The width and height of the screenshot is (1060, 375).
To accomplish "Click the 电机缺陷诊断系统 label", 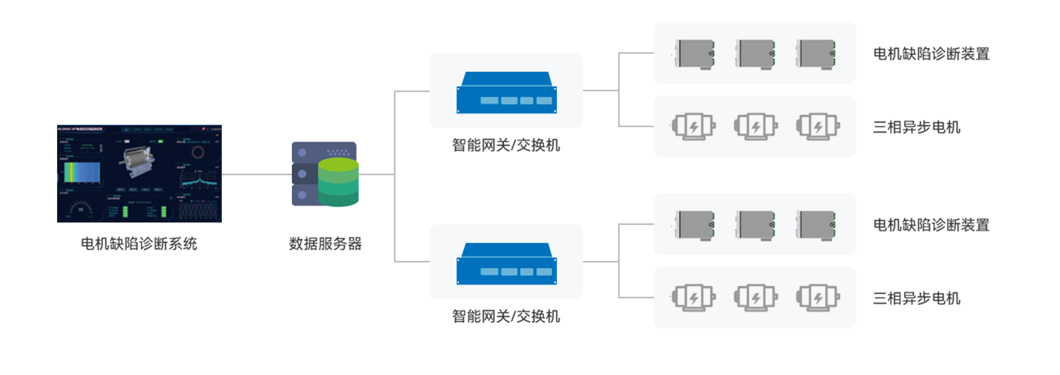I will click(139, 243).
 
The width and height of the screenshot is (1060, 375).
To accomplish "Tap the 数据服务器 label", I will click(325, 243).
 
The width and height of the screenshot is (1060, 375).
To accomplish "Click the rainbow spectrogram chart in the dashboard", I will click(82, 172).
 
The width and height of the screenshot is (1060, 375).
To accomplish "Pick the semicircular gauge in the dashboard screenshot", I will click(81, 207).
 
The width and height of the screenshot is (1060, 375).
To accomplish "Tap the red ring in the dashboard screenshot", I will click(198, 152).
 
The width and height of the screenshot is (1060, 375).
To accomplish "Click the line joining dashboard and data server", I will click(256, 174).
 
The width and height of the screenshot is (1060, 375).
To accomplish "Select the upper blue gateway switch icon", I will click(506, 93).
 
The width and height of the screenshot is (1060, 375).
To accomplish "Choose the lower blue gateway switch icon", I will click(506, 264).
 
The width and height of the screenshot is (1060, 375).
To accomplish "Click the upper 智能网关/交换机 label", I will click(506, 145).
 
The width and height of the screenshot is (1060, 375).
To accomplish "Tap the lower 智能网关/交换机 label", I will click(506, 316).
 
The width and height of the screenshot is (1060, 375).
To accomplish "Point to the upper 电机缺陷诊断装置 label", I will click(931, 53).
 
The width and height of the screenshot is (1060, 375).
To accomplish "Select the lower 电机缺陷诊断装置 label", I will click(931, 225).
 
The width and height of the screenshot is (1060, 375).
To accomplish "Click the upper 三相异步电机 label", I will click(917, 127).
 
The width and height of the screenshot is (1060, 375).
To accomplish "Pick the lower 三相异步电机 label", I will click(917, 298).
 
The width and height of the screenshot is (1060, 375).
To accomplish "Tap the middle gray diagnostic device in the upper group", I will click(755, 53).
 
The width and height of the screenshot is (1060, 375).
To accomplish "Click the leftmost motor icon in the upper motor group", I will click(694, 126).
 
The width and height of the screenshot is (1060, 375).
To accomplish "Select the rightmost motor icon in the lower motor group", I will click(818, 297).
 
